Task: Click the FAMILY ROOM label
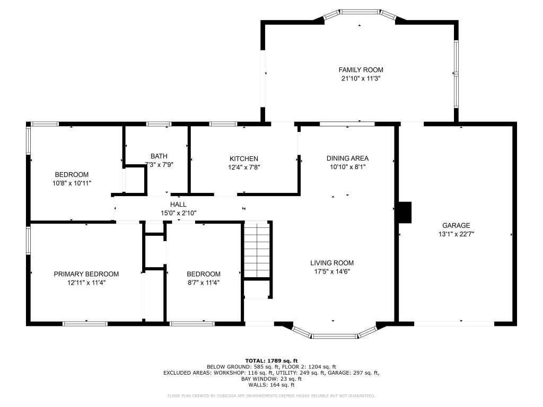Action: pyautogui.click(x=361, y=69)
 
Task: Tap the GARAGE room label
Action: pyautogui.click(x=456, y=225)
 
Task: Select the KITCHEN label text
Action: pyautogui.click(x=244, y=158)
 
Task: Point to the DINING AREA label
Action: pyautogui.click(x=347, y=158)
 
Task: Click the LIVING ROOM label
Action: pyautogui.click(x=332, y=263)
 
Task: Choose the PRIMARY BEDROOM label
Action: pyautogui.click(x=86, y=274)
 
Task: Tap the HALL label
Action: pyautogui.click(x=178, y=205)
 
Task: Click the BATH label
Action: pyautogui.click(x=159, y=156)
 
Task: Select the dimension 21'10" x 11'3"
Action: pyautogui.click(x=361, y=78)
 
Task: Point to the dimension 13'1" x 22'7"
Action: pyautogui.click(x=456, y=234)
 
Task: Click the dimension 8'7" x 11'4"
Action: pyautogui.click(x=204, y=283)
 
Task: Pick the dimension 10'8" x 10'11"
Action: pyautogui.click(x=72, y=183)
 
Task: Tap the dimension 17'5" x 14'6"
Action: pyautogui.click(x=332, y=272)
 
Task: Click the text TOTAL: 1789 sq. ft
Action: pyautogui.click(x=271, y=361)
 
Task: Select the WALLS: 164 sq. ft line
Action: pyautogui.click(x=271, y=385)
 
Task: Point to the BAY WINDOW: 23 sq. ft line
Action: pyautogui.click(x=271, y=379)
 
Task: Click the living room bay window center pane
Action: pyautogui.click(x=335, y=336)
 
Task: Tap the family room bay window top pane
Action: pyautogui.click(x=360, y=12)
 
